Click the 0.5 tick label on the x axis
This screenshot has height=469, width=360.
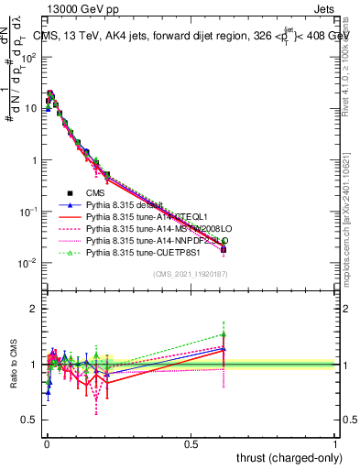tap(190, 442)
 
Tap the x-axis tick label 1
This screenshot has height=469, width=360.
tap(335, 442)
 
